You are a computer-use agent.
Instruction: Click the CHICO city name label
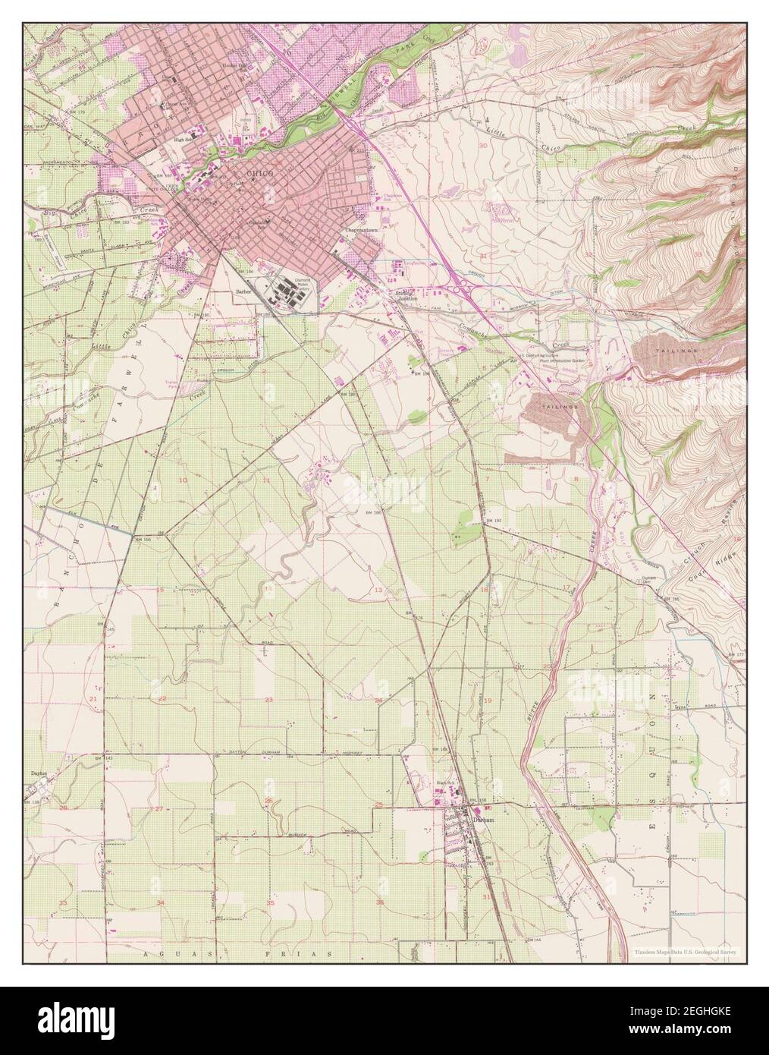(x=260, y=174)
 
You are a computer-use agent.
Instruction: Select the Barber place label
(x=243, y=290)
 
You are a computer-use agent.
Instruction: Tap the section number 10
(x=183, y=480)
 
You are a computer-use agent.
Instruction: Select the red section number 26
(x=268, y=800)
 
